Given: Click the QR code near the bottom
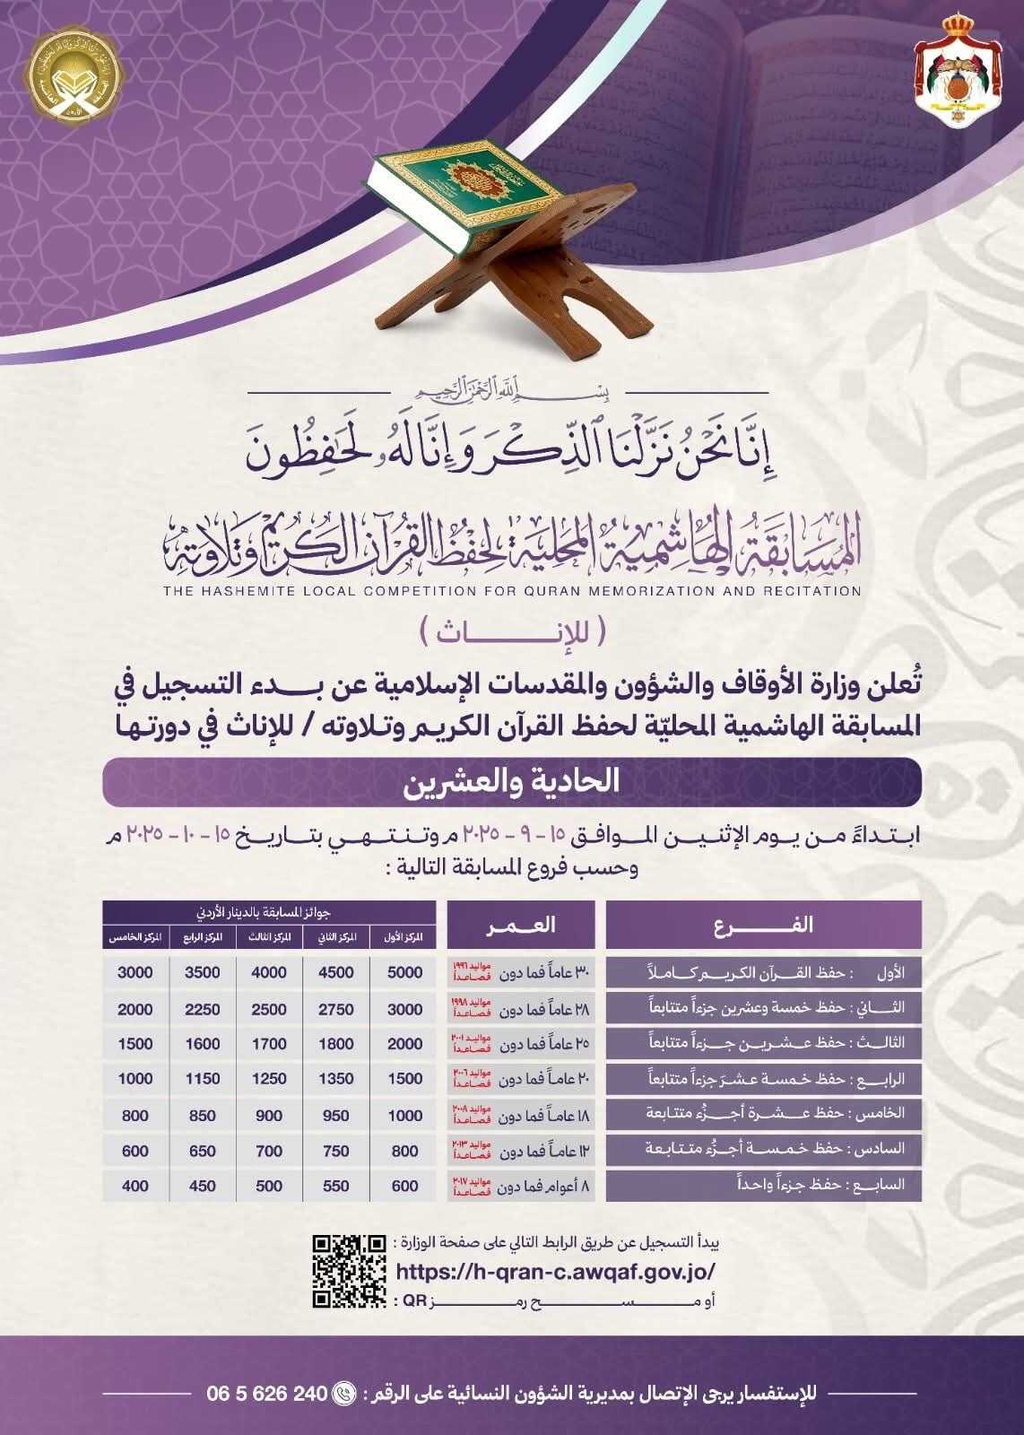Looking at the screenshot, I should pyautogui.click(x=349, y=1271).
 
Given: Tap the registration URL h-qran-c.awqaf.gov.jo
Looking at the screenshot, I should pyautogui.click(x=555, y=1271).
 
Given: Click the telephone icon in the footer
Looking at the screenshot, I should pyautogui.click(x=344, y=1394).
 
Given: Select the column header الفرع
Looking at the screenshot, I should pyautogui.click(x=763, y=925).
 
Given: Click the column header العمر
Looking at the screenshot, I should pyautogui.click(x=520, y=925).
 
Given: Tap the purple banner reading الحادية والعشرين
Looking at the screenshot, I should pyautogui.click(x=512, y=781).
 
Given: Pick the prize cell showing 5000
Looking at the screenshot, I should pyautogui.click(x=404, y=972).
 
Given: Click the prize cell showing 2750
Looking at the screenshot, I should pyautogui.click(x=336, y=1009).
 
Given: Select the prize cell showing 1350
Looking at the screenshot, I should pyautogui.click(x=336, y=1079).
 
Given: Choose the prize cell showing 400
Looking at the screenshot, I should pyautogui.click(x=135, y=1186).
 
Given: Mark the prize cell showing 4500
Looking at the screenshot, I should pyautogui.click(x=336, y=972).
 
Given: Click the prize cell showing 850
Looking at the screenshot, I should pyautogui.click(x=203, y=1115).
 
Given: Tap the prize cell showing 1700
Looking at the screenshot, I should pyautogui.click(x=269, y=1044).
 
